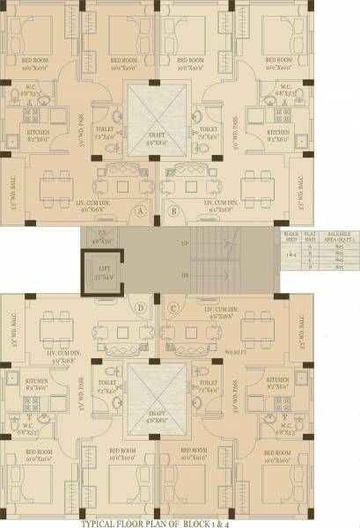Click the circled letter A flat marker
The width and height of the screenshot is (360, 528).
(x=141, y=212)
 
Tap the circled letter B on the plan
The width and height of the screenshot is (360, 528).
(x=173, y=212)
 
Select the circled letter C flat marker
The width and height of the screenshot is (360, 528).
(x=173, y=307)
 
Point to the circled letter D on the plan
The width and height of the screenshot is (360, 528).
(x=141, y=307)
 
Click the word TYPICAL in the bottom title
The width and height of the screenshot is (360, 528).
(x=103, y=522)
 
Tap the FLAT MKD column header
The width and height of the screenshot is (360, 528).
(x=310, y=236)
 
